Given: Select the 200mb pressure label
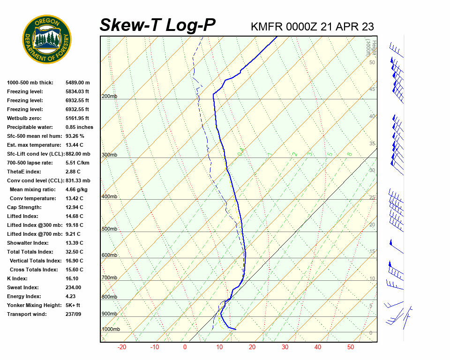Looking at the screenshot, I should pyautogui.click(x=109, y=97).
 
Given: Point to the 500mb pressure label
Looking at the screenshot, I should pyautogui.click(x=109, y=229).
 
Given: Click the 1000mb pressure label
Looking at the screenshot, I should pyautogui.click(x=111, y=330).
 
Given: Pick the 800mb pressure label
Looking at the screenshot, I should pyautogui.click(x=109, y=297).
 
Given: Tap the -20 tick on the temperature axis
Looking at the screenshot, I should pyautogui.click(x=122, y=347).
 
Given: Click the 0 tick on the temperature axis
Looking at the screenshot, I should pyautogui.click(x=185, y=347).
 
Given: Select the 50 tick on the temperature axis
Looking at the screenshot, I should pyautogui.click(x=351, y=347).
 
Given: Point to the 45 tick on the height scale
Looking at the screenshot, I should pyautogui.click(x=372, y=90).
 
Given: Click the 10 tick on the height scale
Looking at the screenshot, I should pyautogui.click(x=372, y=279).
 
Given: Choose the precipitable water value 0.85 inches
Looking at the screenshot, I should pyautogui.click(x=79, y=127).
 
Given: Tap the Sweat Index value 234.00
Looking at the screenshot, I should pyautogui.click(x=73, y=287).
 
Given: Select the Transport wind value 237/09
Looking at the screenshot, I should pyautogui.click(x=73, y=314).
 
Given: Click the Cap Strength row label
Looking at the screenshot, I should pyautogui.click(x=24, y=207).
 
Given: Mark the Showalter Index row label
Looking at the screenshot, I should pyautogui.click(x=28, y=243).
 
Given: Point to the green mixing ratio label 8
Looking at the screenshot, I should pyautogui.click(x=349, y=154).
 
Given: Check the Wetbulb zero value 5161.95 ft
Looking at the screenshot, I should pyautogui.click(x=77, y=118).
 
